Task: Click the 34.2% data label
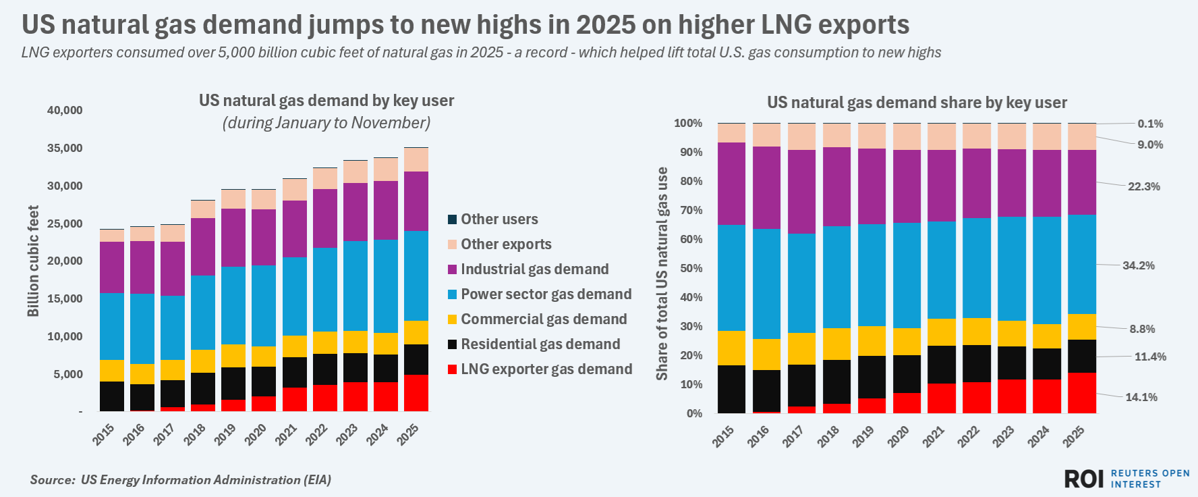coord(1138,265)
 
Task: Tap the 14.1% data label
coord(1141,397)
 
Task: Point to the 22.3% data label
coord(1144,186)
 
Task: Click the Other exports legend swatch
coord(453,244)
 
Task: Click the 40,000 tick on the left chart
coord(65,111)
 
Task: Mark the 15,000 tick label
coord(65,298)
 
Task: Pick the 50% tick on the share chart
coord(689,268)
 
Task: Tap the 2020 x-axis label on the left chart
coord(255,434)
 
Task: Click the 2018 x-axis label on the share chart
coord(828,436)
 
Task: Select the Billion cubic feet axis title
coord(33,261)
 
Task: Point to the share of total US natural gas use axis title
coord(662,273)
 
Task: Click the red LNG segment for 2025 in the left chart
coord(416,393)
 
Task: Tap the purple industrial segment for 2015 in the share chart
coord(731,184)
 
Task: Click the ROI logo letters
coord(1083,479)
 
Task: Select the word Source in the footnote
coord(51,480)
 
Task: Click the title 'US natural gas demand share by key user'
coord(917,103)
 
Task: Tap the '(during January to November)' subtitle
coord(326,123)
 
